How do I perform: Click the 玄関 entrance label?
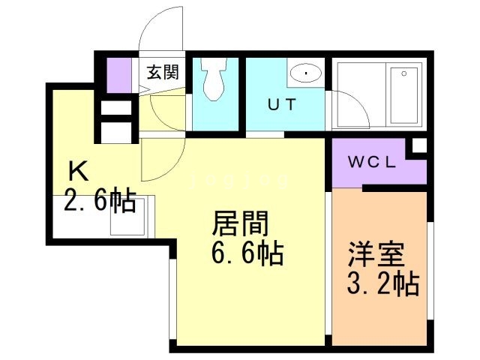pos(162,73)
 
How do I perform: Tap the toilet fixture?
pos(214,79)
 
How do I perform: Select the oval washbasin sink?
pos(306,73)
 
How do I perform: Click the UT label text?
pos(282,105)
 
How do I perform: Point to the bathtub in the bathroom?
pos(404,95)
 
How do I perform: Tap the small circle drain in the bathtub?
pos(404,73)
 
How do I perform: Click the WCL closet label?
pos(372,162)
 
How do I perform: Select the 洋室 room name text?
pos(375,254)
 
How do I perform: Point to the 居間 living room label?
pos(240,223)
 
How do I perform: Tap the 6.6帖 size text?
pos(247,253)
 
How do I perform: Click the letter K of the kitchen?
pos(78,171)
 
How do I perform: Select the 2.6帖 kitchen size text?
pos(100,200)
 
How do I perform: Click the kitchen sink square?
pos(128,217)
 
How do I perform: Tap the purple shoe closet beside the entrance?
pos(118,75)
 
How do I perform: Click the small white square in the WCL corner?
pos(419,145)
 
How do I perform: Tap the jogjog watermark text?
pos(239,181)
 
